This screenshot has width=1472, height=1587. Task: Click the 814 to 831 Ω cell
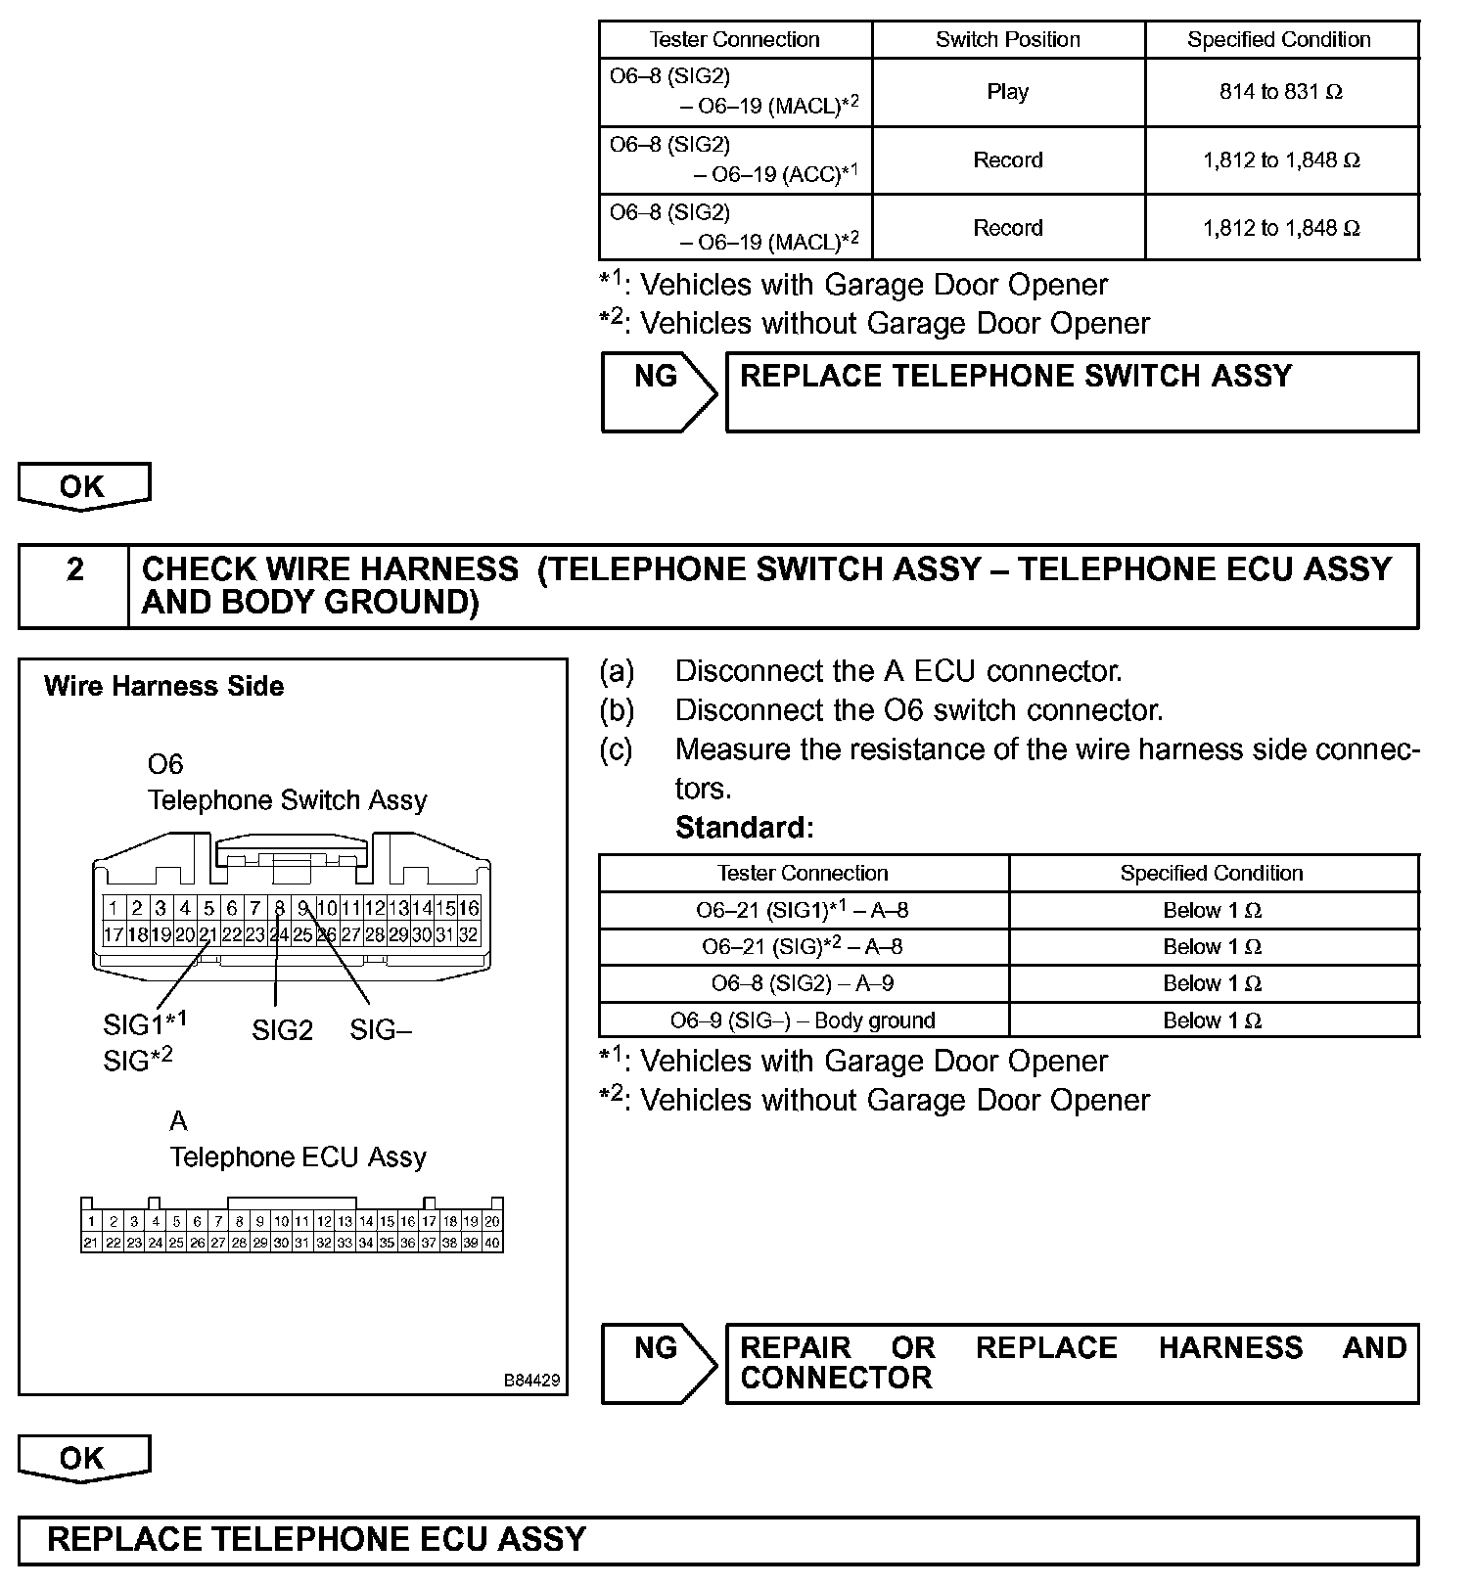(1280, 92)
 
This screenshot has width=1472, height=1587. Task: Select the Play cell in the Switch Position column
(1007, 92)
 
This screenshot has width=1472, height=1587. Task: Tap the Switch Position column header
(1007, 40)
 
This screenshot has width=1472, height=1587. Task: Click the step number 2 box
(74, 585)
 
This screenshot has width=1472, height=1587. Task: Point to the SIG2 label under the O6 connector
(282, 1030)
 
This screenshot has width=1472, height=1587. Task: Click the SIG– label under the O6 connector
(381, 1030)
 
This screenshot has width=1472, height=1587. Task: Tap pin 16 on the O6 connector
(469, 908)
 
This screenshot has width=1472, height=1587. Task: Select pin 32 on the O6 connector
(469, 934)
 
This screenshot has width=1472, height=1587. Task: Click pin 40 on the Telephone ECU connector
(491, 1243)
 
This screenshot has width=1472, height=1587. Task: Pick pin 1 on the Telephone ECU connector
(91, 1221)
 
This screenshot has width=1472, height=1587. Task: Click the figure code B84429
(531, 1381)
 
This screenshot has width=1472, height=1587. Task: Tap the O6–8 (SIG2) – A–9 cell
(803, 983)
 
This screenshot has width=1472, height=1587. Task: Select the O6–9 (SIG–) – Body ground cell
(803, 1020)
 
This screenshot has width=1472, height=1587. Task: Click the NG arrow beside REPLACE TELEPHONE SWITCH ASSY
(658, 391)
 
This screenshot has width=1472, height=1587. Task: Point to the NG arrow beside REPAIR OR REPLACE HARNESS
(658, 1363)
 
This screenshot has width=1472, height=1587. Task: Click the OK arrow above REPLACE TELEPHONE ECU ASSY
(83, 1459)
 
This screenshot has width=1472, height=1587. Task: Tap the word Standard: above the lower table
(744, 828)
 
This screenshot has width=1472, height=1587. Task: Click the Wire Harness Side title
(163, 687)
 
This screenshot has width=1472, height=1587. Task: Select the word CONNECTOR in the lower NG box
(836, 1379)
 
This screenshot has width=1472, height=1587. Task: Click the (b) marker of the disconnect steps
(617, 710)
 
